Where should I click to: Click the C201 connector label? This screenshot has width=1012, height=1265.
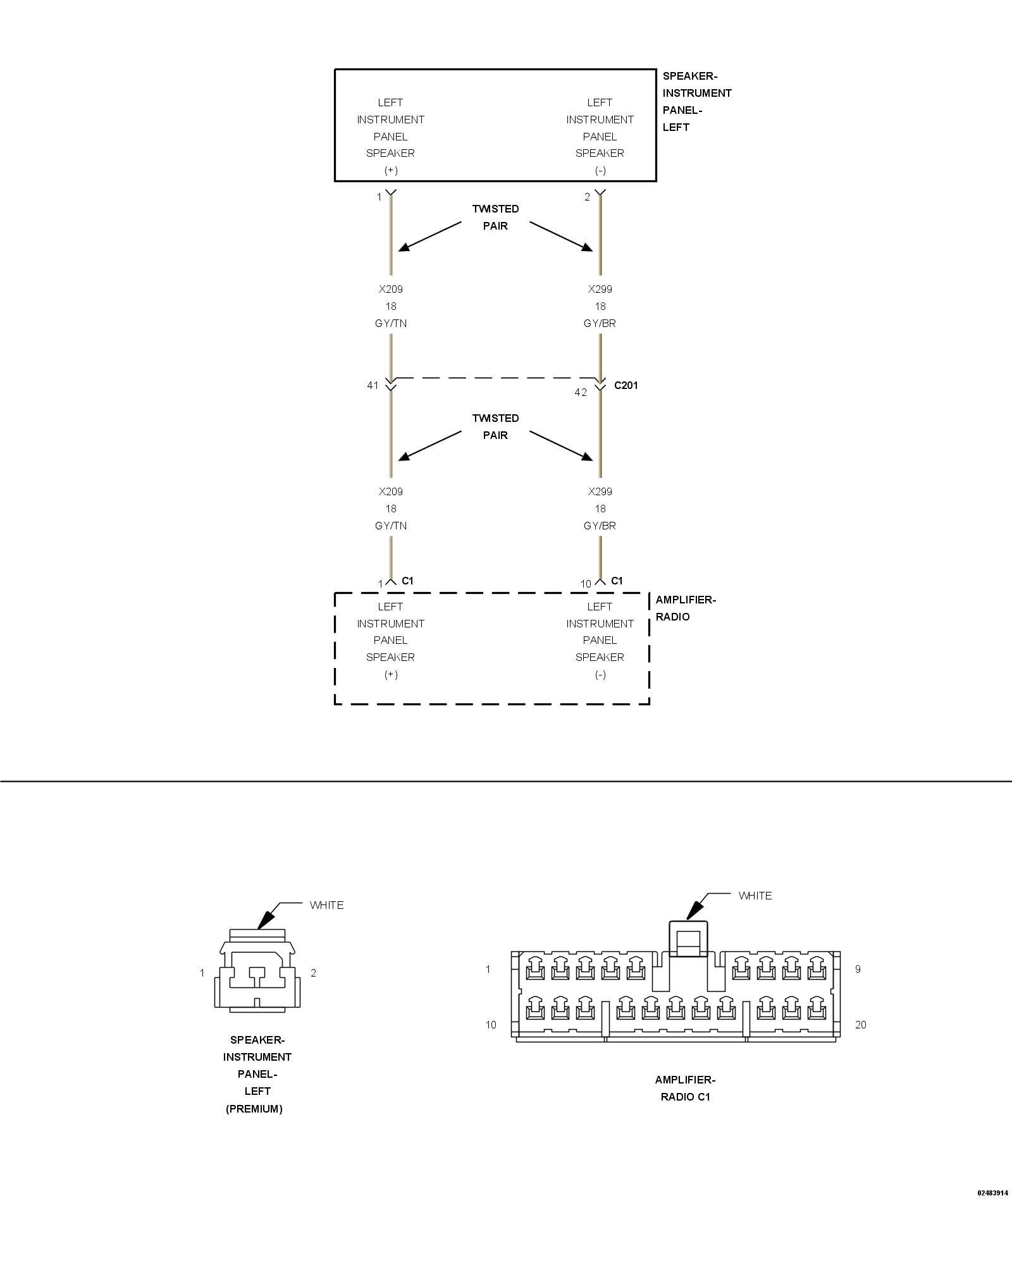click(626, 385)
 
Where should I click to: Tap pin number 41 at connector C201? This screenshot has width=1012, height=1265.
click(373, 385)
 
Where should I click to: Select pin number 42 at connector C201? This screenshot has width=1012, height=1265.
click(581, 392)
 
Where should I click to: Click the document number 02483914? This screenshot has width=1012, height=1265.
click(992, 1193)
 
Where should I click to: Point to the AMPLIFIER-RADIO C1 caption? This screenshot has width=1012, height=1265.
click(685, 1088)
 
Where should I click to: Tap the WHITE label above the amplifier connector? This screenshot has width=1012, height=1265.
click(755, 896)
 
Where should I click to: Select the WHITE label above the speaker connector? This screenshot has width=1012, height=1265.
click(326, 905)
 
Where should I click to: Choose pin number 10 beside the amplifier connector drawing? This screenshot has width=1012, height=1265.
click(491, 1025)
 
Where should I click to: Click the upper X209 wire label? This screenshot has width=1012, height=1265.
click(391, 289)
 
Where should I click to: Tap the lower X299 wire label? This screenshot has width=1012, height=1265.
click(600, 491)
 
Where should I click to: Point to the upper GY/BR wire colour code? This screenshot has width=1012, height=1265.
click(600, 323)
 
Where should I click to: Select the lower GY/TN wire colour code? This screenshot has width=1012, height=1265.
click(391, 526)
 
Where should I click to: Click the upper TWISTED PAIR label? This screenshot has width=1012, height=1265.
click(495, 217)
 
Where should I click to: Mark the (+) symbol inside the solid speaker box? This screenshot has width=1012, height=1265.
click(391, 170)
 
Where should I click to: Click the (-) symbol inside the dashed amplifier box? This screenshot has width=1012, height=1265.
click(600, 674)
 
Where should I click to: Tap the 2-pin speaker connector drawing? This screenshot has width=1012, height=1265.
click(257, 971)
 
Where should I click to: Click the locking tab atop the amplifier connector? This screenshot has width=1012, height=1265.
click(688, 940)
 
